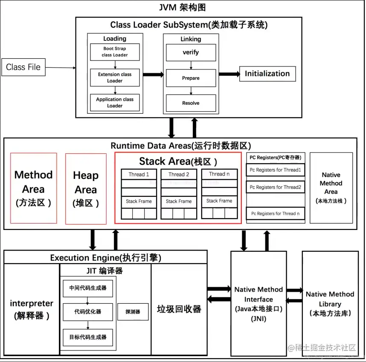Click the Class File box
pyautogui.click(x=23, y=67)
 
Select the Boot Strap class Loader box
pyautogui.click(x=115, y=52)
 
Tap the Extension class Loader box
pyautogui.click(x=115, y=77)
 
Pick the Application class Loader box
pyautogui.click(x=115, y=102)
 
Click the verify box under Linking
pyautogui.click(x=191, y=52)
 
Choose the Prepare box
pyautogui.click(x=191, y=78)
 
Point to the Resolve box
pyautogui.click(x=191, y=103)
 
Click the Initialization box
pyautogui.click(x=267, y=74)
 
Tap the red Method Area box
pyautogui.click(x=33, y=188)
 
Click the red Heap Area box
pyautogui.click(x=86, y=189)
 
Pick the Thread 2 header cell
pyautogui.click(x=179, y=174)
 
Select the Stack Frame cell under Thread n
pyautogui.click(x=219, y=201)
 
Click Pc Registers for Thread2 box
pyautogui.click(x=276, y=187)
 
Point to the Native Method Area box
pyautogui.click(x=331, y=188)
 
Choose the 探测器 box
pyautogui.click(x=132, y=312)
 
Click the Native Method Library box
pyautogui.click(x=330, y=303)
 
